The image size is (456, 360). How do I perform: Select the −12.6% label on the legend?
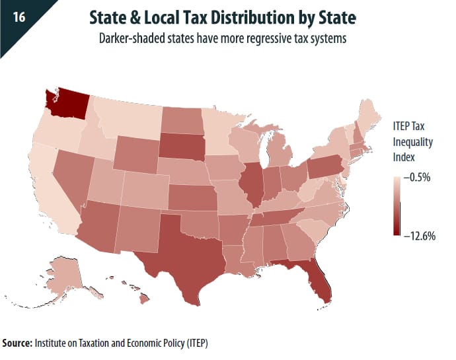[x=419, y=236]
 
